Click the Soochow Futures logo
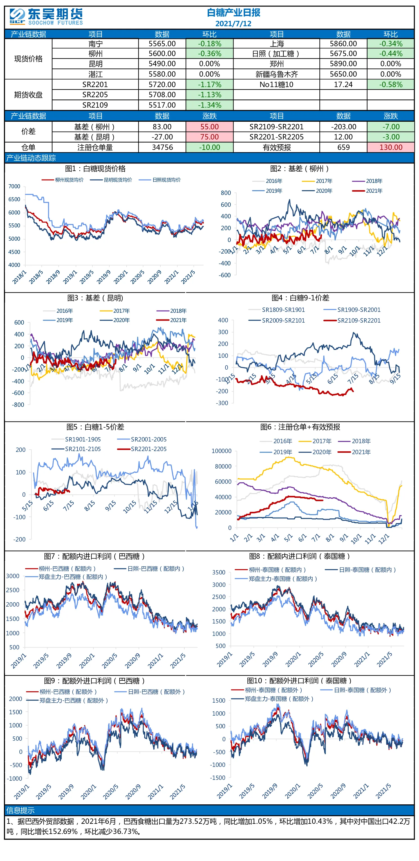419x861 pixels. point(46,17)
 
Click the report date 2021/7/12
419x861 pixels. point(233,24)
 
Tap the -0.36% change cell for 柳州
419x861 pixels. point(209,54)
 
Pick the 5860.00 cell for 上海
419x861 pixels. point(343,44)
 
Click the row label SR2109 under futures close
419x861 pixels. point(95,105)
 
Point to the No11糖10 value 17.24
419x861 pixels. point(343,85)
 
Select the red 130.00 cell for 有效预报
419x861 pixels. point(391,147)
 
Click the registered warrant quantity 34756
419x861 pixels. point(162,147)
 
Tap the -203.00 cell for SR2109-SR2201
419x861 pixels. point(343,127)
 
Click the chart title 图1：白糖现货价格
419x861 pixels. point(95,169)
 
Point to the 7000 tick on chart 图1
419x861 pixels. point(14,186)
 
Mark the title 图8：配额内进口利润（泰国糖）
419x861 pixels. point(299,556)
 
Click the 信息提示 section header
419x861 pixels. point(20,810)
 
